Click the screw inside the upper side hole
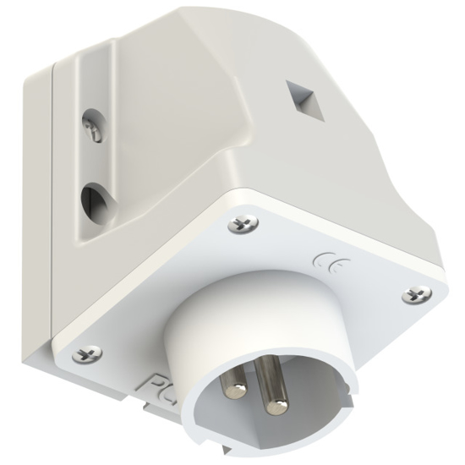click(x=94, y=129)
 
